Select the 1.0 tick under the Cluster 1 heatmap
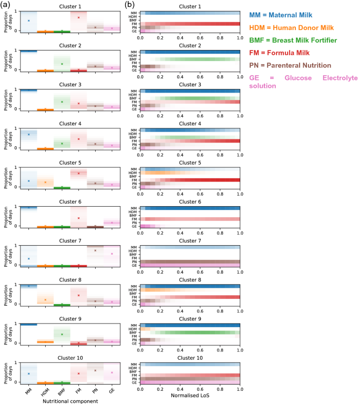coord(240,37)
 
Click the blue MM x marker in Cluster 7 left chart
coord(29,259)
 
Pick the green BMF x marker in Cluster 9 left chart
coord(62,335)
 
